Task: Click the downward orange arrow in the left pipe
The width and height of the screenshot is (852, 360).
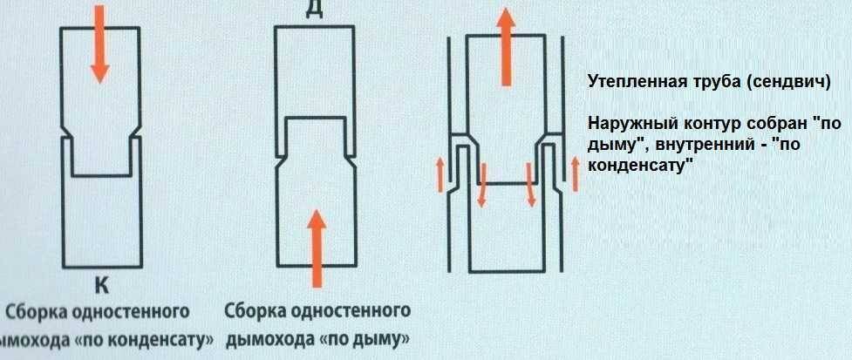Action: pos(99,44)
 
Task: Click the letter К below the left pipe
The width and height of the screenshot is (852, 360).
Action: pos(100,284)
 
